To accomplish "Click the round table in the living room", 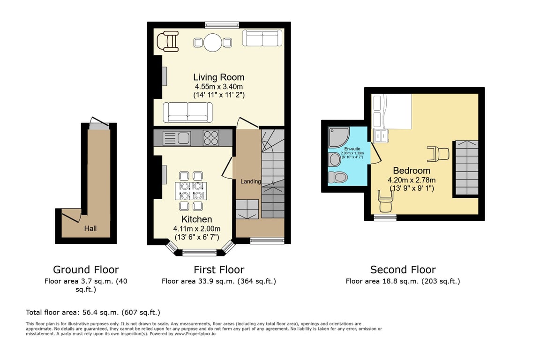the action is click(213, 42).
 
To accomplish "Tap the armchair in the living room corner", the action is click(168, 41).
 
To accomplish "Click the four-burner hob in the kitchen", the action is click(211, 138).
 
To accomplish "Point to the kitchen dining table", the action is click(191, 191).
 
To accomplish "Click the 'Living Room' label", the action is click(219, 77).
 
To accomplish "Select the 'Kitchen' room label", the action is click(197, 219).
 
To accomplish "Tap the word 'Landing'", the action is click(250, 181).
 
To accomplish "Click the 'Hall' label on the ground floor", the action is click(90, 228).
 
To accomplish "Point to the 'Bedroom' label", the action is click(412, 171).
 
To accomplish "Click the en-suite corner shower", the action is click(339, 137).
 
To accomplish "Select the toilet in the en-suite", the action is click(337, 177).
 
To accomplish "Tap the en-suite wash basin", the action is click(334, 159).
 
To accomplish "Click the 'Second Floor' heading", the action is click(403, 270).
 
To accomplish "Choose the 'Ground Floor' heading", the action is click(86, 270).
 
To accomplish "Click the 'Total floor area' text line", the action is click(93, 313).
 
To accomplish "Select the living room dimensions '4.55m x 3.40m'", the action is click(219, 86).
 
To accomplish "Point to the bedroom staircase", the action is click(467, 168).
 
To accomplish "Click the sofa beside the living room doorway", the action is click(187, 112).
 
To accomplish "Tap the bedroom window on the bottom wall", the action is click(385, 217).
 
